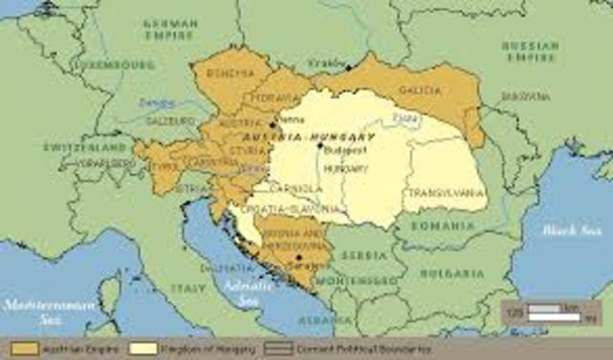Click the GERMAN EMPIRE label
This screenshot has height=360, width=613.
170,28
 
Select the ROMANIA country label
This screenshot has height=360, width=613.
443,226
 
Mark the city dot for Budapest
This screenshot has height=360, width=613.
320,146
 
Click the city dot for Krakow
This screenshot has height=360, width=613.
348,67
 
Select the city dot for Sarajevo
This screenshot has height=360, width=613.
299,258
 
